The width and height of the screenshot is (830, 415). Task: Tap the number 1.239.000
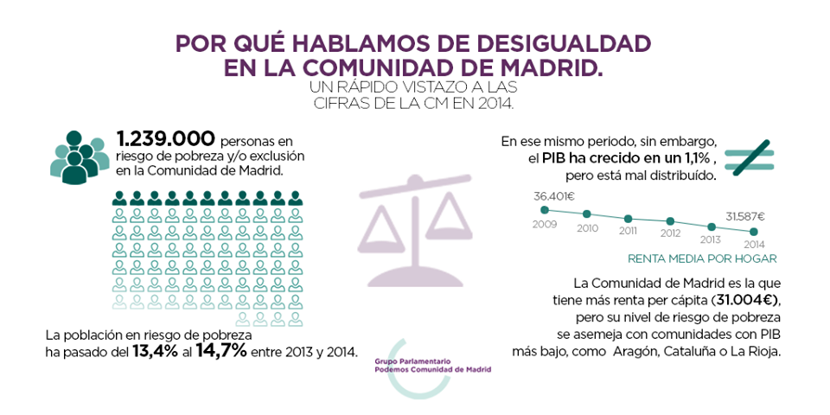tap(165, 139)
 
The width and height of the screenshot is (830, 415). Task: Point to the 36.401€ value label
tap(553, 195)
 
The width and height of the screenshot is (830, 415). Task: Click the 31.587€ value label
tap(744, 216)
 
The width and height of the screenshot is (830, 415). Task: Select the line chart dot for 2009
tap(545, 209)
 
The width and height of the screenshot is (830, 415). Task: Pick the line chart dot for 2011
tap(629, 219)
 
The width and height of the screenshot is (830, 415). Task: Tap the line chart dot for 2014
tap(754, 231)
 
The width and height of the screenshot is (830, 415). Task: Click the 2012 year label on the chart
tap(670, 233)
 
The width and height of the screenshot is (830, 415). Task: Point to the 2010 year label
tap(587, 228)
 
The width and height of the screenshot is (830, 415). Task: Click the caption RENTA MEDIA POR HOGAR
tap(701, 258)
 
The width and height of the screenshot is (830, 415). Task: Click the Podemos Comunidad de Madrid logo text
tap(433, 366)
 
